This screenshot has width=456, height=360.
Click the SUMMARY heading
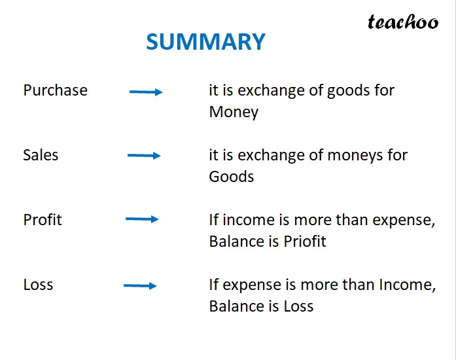pyautogui.click(x=205, y=42)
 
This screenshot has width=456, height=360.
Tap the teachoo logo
pyautogui.click(x=402, y=22)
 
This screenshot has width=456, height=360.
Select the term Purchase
pyautogui.click(x=55, y=90)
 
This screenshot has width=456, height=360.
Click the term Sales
pyautogui.click(x=41, y=155)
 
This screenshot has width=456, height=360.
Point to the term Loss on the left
pyautogui.click(x=38, y=285)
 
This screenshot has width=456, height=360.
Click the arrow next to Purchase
pyautogui.click(x=146, y=92)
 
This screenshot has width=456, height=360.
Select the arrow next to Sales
pyautogui.click(x=144, y=156)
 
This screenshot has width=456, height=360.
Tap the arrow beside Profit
pyautogui.click(x=142, y=219)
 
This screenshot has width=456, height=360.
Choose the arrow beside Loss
pyautogui.click(x=140, y=285)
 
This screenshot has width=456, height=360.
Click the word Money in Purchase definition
pyautogui.click(x=234, y=112)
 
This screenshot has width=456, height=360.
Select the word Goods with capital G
pyautogui.click(x=232, y=177)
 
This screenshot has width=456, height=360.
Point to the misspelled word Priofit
pyautogui.click(x=305, y=242)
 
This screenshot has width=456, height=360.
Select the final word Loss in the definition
pyautogui.click(x=298, y=306)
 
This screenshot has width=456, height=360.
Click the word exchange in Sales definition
pyautogui.click(x=265, y=156)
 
